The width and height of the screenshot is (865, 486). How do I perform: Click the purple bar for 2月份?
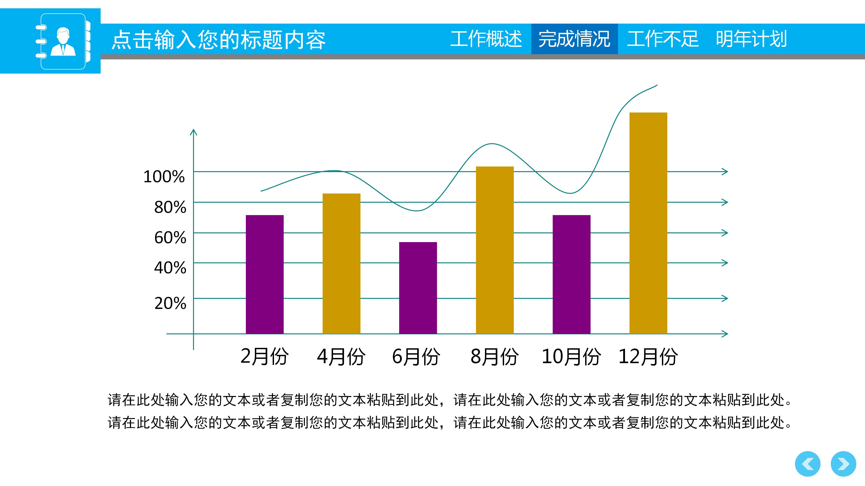click(265, 274)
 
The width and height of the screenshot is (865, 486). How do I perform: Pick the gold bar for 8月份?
click(495, 250)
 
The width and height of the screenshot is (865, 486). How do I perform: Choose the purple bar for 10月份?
click(571, 274)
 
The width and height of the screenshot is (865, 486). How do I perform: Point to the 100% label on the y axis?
click(164, 177)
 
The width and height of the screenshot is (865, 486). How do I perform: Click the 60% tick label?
click(170, 238)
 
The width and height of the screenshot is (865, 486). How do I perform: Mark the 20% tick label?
click(170, 303)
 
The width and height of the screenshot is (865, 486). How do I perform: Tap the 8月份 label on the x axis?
click(494, 356)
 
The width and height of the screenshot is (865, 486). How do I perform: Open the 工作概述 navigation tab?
click(486, 39)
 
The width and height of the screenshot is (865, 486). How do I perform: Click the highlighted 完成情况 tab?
click(574, 39)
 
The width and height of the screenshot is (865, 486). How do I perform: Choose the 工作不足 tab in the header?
click(663, 39)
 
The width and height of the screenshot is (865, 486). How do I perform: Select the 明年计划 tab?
click(751, 39)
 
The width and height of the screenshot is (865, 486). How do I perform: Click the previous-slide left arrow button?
click(808, 464)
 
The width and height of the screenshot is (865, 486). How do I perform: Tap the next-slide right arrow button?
click(843, 464)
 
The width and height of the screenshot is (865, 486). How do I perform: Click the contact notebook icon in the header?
click(63, 41)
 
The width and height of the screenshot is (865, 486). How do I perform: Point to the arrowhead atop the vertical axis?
click(193, 132)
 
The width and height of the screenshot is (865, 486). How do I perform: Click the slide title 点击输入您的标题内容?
click(218, 40)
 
